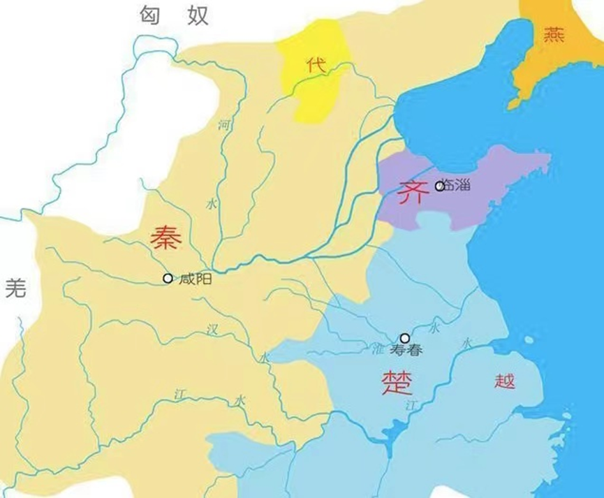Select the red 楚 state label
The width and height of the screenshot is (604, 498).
pos(396,382)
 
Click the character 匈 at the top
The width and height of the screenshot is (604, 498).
pos(152,14)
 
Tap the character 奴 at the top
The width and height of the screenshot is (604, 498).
pos(198,14)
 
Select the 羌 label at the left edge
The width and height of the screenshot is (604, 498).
pos(15,286)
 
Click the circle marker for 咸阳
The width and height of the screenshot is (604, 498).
pos(168,278)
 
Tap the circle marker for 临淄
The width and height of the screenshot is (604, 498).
pos(439,186)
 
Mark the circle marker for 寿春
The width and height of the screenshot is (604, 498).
pos(404,338)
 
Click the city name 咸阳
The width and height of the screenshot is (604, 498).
pos(195,279)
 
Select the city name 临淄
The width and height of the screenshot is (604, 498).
pos(459,186)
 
